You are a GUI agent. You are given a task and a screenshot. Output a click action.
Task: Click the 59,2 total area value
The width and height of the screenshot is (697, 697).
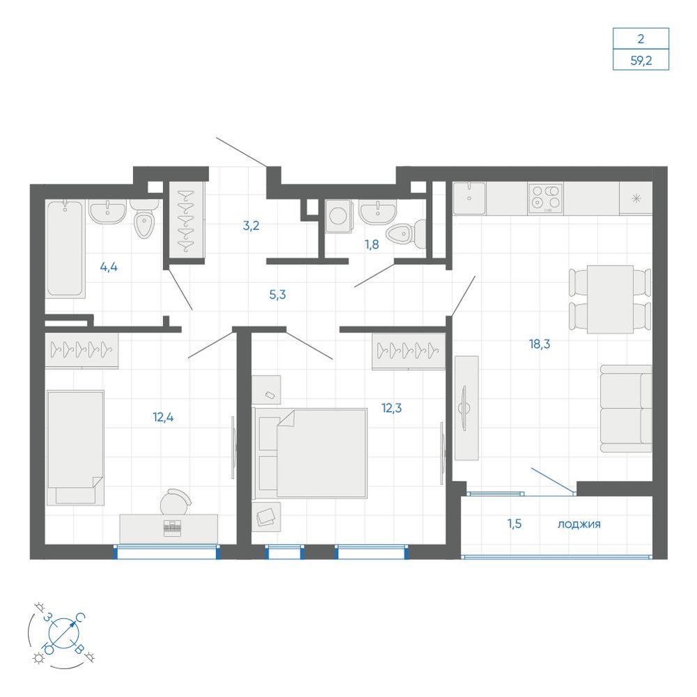coord(641,60)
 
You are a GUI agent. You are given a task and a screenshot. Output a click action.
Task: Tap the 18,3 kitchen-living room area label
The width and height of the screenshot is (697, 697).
coord(539,344)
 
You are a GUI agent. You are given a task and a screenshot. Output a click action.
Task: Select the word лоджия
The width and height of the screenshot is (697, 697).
coord(579,525)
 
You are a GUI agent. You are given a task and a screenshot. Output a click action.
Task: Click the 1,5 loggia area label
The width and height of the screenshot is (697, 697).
coord(514,523)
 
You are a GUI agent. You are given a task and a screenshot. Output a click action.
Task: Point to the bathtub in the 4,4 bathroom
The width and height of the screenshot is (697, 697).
coord(65,248)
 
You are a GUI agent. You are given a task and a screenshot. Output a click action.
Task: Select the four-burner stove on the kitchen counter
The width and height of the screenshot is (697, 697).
coord(546,198)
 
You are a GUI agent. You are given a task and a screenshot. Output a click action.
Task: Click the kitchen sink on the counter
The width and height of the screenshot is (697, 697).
coord(469,198)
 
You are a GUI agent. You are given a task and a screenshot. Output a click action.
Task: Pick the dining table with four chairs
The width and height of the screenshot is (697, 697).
coord(610,299)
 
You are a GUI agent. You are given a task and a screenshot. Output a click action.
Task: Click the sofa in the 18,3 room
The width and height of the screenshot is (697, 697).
coord(626,408)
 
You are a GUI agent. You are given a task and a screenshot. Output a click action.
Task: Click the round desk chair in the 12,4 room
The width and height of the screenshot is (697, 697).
coord(175,502)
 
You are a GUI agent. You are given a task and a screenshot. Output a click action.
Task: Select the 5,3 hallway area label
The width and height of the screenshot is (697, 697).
coord(277,294)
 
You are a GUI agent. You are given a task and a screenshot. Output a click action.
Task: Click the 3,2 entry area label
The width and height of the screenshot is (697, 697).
coord(251,226)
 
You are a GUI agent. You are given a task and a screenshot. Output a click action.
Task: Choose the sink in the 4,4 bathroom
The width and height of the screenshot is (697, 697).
coord(107,210)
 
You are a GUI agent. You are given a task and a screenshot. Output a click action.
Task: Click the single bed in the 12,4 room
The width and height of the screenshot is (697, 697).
coord(75,447)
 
